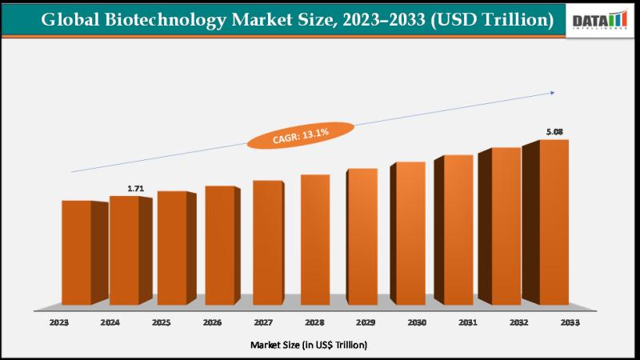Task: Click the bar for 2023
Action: click(x=77, y=252)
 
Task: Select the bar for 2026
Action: click(x=219, y=245)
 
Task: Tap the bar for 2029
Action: click(x=362, y=236)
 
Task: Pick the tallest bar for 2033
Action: click(x=554, y=222)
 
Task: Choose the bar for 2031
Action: click(x=458, y=230)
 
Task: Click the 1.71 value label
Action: click(x=135, y=189)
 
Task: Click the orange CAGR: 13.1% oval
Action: click(x=300, y=136)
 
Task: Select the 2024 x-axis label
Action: click(x=110, y=323)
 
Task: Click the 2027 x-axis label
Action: click(x=262, y=323)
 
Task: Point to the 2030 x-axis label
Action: click(x=415, y=323)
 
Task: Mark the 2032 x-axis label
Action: click(x=518, y=323)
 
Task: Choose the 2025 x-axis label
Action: click(x=161, y=323)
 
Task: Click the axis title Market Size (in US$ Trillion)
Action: click(x=309, y=345)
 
